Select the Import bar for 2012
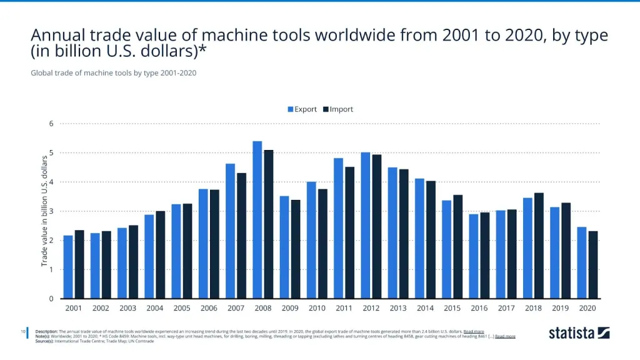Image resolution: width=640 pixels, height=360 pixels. click(376, 227)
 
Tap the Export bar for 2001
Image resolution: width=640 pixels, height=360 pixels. click(68, 267)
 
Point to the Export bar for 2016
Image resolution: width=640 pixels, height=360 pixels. click(473, 256)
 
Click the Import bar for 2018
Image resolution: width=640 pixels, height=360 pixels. click(539, 246)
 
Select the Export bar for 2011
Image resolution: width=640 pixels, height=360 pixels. click(338, 228)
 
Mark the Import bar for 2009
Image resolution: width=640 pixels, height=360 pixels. click(295, 249)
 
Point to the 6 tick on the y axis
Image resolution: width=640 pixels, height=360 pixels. click(51, 124)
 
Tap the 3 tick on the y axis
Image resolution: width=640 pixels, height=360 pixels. click(51, 211)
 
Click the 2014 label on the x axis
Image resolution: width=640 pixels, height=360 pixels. click(424, 308)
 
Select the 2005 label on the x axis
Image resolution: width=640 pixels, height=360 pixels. click(182, 308)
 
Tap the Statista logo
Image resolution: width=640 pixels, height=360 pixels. click(579, 333)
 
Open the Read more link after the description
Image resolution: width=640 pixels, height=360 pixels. click(473, 331)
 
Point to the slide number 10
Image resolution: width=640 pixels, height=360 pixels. click(23, 331)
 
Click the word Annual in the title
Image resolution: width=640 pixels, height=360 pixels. click(59, 35)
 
